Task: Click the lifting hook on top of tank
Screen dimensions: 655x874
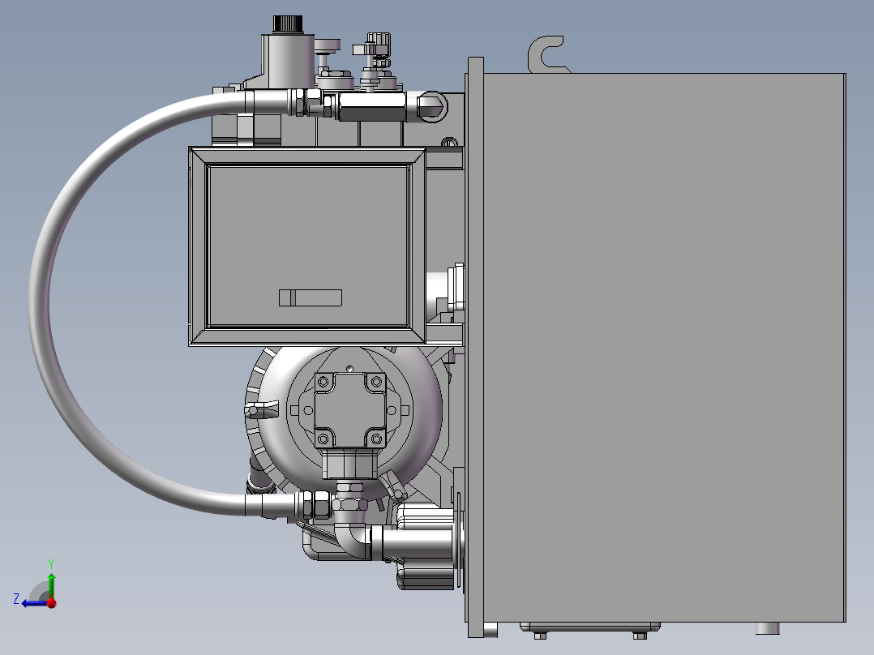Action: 544,54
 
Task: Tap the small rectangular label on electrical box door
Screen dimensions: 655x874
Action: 311,298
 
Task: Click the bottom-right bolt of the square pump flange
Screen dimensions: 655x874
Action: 375,439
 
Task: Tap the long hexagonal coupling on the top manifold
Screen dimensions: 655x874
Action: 372,105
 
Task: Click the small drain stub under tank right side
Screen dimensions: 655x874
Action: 767,628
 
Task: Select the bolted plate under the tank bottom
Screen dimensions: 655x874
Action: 589,628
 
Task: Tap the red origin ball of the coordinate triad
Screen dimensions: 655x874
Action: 51,602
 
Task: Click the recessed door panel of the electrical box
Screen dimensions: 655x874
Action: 308,243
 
